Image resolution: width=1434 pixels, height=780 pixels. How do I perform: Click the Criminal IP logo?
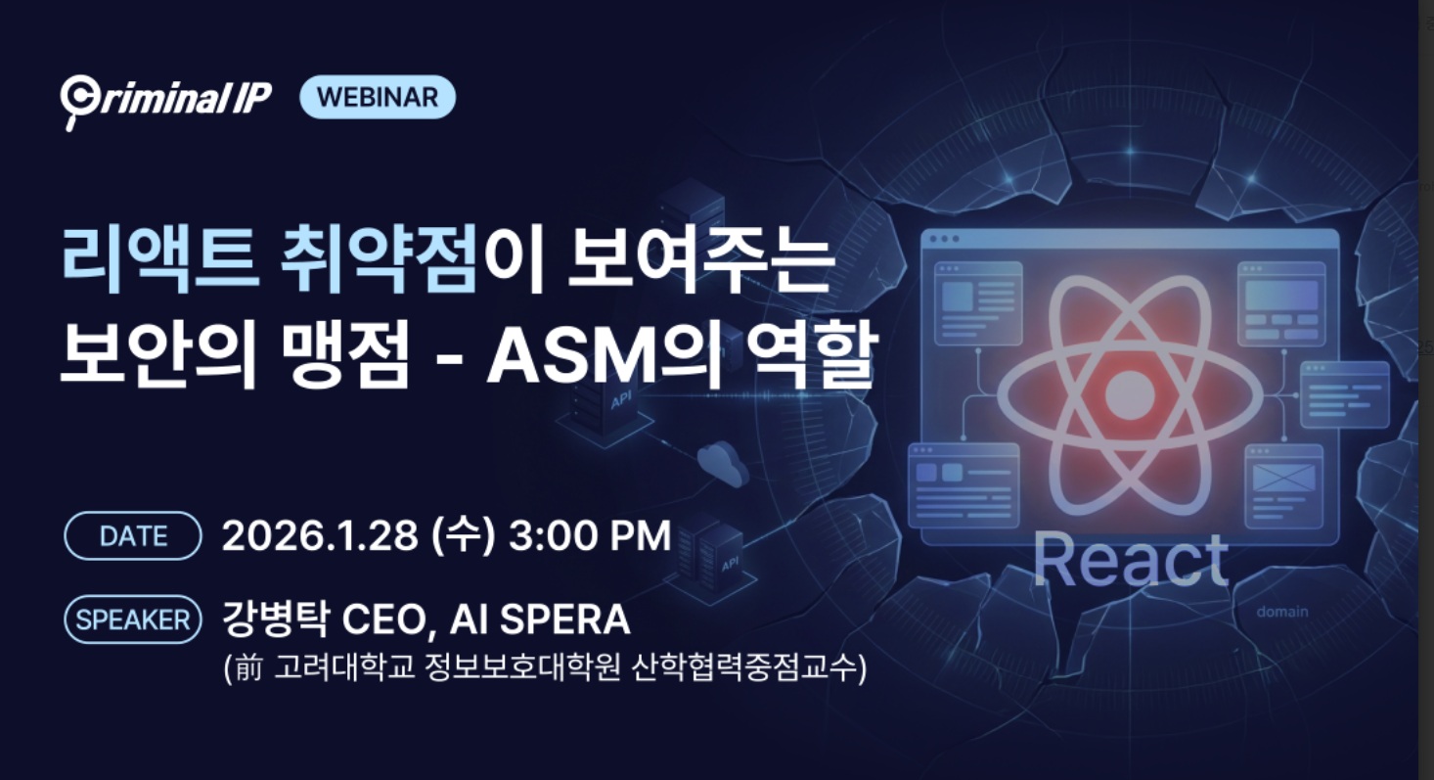(x=166, y=101)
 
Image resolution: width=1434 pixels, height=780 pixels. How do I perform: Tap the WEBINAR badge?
(x=378, y=97)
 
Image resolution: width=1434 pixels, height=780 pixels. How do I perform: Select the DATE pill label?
(x=133, y=536)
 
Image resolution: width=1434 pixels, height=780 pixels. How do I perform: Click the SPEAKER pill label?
(x=133, y=619)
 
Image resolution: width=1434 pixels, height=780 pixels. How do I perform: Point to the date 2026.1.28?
(x=320, y=535)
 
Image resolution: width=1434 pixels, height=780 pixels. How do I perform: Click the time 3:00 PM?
(x=590, y=535)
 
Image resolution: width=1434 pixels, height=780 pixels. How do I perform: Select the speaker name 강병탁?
(x=276, y=619)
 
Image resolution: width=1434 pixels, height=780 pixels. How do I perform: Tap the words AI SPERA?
(x=540, y=619)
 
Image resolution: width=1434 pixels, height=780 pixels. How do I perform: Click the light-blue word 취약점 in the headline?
(x=379, y=258)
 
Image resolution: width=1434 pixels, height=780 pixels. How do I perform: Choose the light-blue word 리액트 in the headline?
(x=160, y=258)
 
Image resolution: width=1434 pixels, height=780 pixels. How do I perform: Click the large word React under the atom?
(x=1131, y=560)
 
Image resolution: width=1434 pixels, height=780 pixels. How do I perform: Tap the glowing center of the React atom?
(x=1130, y=393)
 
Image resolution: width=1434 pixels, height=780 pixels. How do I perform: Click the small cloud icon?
(x=722, y=462)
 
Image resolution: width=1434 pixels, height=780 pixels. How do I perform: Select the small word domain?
(x=1282, y=612)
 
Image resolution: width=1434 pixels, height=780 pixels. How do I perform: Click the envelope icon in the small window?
(x=1283, y=478)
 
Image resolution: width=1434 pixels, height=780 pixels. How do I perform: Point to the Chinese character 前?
(x=248, y=667)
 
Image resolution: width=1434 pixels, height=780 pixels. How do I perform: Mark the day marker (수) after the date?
(x=464, y=535)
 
